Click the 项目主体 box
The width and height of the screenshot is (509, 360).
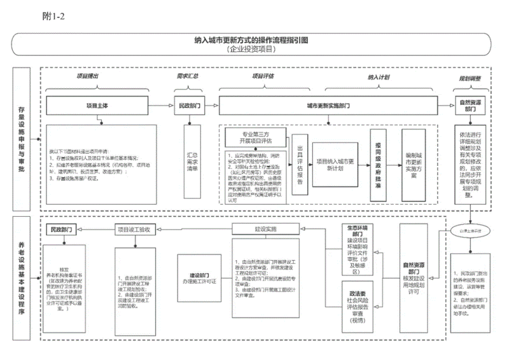97,106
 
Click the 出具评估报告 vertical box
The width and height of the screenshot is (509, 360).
300,168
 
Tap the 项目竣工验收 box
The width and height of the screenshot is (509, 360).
132,229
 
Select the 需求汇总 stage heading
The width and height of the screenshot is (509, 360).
187,76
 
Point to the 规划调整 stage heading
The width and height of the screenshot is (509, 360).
471,77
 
